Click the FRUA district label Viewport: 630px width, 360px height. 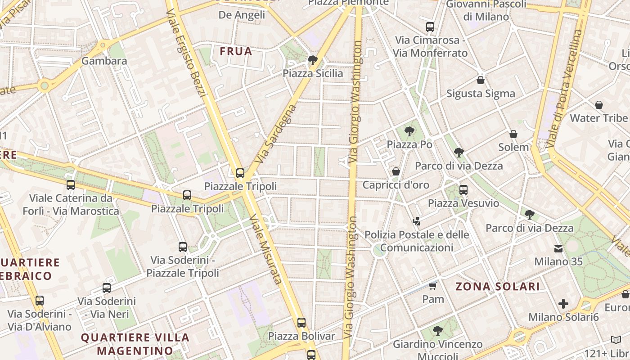[236, 51]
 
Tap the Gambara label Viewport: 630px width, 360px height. [104, 61]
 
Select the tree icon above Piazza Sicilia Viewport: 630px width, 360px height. [312, 60]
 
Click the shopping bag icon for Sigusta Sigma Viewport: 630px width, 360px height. [481, 81]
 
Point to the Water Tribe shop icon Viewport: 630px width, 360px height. [599, 105]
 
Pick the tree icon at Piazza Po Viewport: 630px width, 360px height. [409, 131]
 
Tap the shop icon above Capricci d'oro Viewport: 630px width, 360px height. [396, 171]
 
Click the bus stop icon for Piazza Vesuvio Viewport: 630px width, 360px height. [463, 189]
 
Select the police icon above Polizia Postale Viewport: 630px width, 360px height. [417, 221]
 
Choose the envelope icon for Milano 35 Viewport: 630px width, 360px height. [558, 248]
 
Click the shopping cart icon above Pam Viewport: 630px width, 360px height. [433, 286]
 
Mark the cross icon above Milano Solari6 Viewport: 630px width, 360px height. [563, 304]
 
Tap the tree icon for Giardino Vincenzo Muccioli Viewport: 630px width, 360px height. [437, 331]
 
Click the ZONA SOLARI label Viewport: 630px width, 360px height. [498, 287]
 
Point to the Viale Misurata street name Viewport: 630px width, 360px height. [265, 250]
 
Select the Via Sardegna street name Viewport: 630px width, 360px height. [276, 134]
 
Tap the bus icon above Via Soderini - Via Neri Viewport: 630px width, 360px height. [107, 288]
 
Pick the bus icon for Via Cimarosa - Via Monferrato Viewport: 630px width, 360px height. [430, 27]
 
